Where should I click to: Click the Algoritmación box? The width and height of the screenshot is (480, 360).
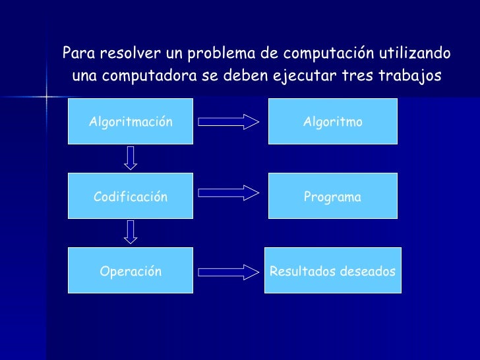click(131, 121)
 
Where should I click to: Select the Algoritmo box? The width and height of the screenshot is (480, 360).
click(332, 121)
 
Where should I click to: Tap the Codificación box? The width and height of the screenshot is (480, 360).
click(131, 196)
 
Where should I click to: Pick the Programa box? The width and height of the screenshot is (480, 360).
click(332, 196)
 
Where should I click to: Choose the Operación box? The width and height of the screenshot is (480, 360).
click(131, 270)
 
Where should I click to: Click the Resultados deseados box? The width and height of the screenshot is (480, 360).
click(332, 270)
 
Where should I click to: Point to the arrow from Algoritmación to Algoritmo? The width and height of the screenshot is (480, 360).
click(229, 122)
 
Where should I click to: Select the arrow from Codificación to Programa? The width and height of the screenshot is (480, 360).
click(229, 193)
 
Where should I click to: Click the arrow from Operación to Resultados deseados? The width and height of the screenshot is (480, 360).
click(229, 271)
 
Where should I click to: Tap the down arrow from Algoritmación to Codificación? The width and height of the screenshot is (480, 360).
click(131, 158)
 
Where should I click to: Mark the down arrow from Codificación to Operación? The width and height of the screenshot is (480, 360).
click(131, 232)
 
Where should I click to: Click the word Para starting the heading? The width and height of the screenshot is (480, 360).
click(76, 52)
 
